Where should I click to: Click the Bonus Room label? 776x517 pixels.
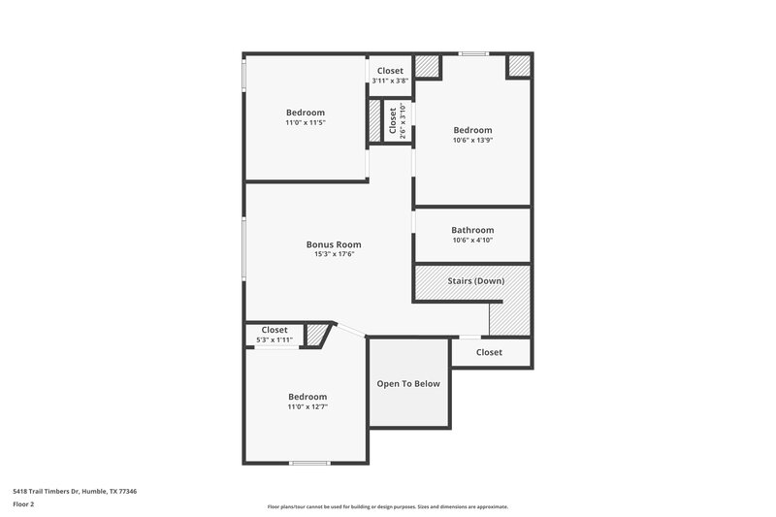tap(334, 244)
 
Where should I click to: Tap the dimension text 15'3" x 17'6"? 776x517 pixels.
tap(334, 255)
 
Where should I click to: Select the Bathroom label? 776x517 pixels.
tap(472, 230)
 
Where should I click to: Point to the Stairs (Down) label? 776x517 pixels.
tap(475, 281)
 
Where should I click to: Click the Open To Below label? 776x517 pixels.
tap(408, 383)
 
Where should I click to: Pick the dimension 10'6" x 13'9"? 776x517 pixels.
tap(472, 141)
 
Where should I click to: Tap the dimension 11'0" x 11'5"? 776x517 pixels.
tap(305, 123)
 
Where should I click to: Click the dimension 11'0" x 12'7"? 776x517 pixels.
tap(307, 407)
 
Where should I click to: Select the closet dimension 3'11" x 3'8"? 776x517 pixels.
tap(390, 81)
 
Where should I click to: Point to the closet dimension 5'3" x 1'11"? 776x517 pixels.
tap(275, 339)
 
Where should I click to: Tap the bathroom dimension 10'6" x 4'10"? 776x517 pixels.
tap(472, 241)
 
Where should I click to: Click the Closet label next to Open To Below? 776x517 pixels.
tap(489, 352)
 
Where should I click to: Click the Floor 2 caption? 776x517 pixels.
tap(24, 505)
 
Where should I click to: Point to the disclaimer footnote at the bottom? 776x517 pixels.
tap(387, 506)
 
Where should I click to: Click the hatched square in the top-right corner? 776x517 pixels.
tap(519, 66)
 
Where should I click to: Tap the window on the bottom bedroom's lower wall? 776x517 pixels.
tap(308, 463)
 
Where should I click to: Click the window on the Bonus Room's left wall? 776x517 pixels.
tap(244, 249)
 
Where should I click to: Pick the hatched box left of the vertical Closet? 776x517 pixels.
tap(373, 122)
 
